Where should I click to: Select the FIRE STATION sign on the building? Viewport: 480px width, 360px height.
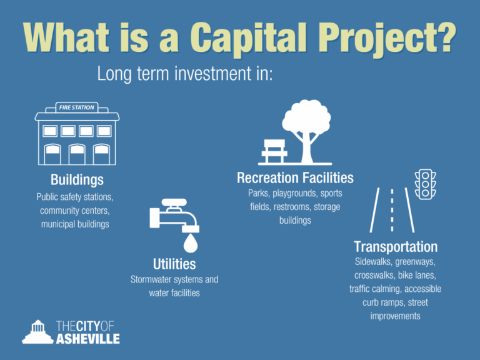coord(77,107)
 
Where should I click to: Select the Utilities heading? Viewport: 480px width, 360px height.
coord(174,264)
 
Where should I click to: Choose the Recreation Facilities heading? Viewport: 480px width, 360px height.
coord(295,178)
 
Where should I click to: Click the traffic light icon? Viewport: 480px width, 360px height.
coord(426,185)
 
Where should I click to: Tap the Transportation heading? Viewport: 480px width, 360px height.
coord(396,246)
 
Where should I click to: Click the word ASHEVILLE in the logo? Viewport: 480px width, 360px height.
coord(88,338)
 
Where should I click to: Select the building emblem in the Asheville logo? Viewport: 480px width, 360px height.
coord(37,332)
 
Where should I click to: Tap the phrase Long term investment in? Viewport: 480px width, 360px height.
coord(185,75)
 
